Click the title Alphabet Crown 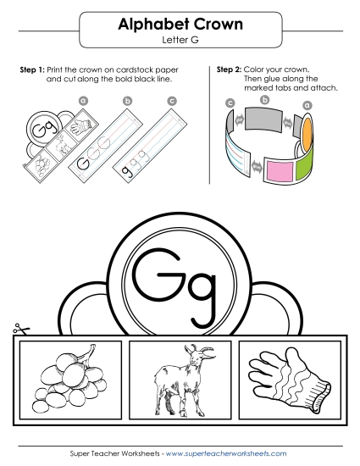[x=180, y=25]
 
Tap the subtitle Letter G [x=180, y=40]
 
